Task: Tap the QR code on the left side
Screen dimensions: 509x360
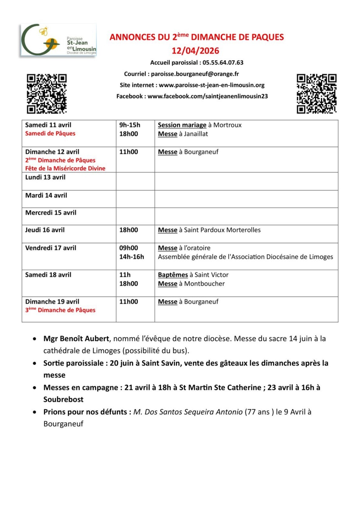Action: [x=46, y=94]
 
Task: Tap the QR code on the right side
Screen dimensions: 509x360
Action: [x=316, y=94]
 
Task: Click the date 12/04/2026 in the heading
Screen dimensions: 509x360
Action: [x=195, y=51]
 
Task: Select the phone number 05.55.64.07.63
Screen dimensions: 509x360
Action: [x=223, y=63]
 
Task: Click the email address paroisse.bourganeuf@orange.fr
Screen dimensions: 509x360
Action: [x=195, y=74]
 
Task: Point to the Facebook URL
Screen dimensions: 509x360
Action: [x=208, y=96]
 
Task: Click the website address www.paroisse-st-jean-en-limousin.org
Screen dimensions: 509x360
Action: [x=212, y=85]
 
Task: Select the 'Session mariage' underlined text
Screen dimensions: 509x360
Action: [x=182, y=125]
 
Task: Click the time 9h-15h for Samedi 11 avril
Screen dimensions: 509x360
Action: [x=130, y=125]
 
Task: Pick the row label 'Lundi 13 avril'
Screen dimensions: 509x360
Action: [x=45, y=177]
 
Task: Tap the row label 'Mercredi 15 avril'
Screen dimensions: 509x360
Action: [x=51, y=213]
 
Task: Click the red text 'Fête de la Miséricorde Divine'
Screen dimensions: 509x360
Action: [x=65, y=168]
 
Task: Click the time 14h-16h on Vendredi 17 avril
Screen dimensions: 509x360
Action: [x=131, y=257]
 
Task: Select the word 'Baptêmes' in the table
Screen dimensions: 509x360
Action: [x=173, y=275]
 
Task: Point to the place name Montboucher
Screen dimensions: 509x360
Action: [x=204, y=284]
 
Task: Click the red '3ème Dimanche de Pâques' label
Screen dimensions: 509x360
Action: [x=60, y=310]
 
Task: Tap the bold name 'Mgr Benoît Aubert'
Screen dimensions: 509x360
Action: [x=76, y=338]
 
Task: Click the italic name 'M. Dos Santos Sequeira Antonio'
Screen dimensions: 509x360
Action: [x=188, y=412]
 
